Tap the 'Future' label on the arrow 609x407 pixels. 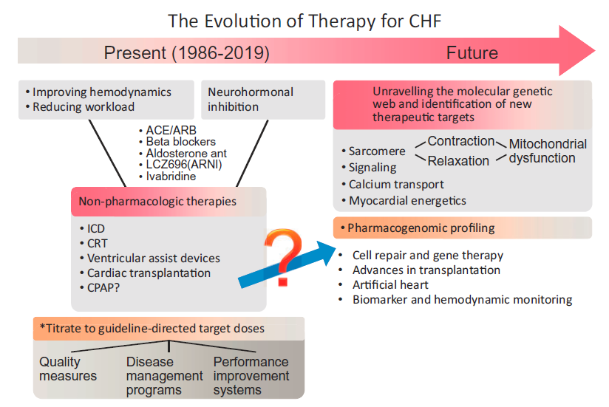click(472, 52)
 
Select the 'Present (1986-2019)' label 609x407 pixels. click(186, 52)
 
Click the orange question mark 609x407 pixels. click(283, 257)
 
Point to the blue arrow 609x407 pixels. click(287, 264)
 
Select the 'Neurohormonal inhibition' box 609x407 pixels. click(263, 99)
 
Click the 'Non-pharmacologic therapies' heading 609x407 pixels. click(157, 202)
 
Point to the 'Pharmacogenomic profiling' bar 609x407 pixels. click(463, 228)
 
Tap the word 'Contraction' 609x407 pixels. click(461, 141)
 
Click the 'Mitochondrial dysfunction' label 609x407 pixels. click(548, 151)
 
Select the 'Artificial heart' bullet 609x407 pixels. click(390, 285)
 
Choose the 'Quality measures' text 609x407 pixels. click(68, 369)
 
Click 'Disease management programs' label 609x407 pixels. click(164, 376)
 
